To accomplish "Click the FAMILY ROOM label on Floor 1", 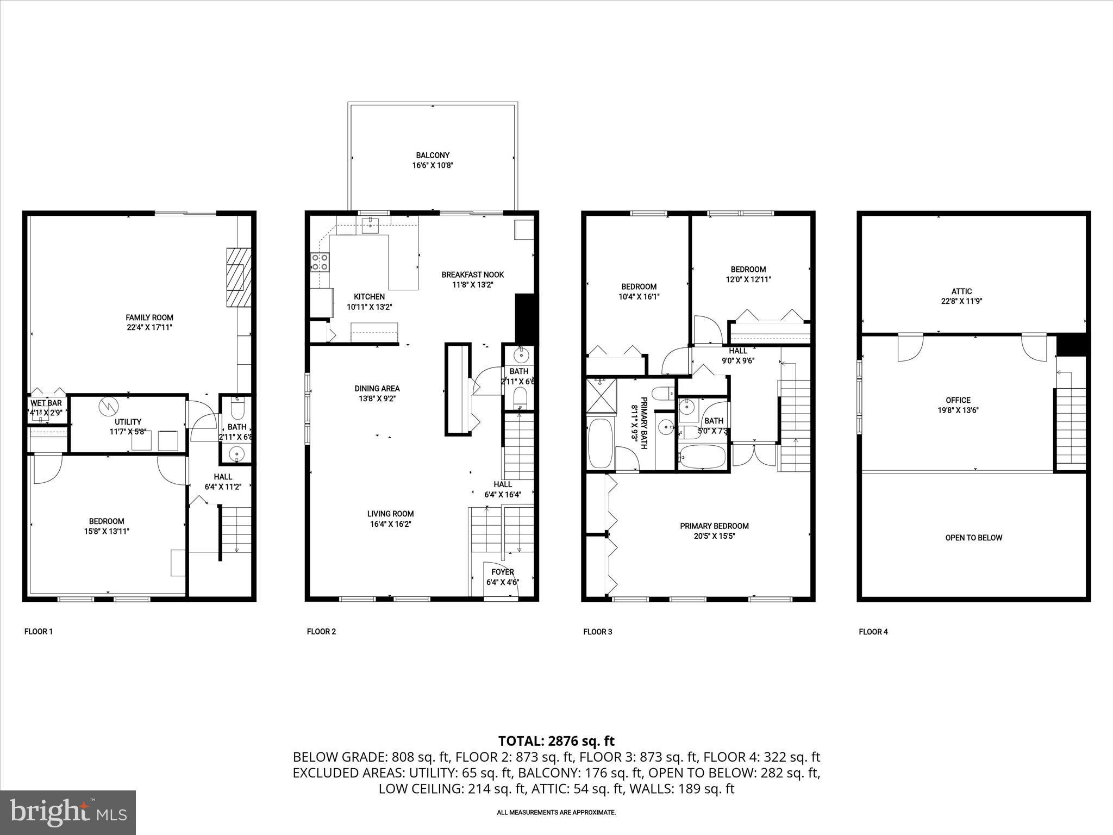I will (x=149, y=317).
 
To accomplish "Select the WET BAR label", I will (x=46, y=403).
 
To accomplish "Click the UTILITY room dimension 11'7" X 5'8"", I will (x=128, y=432).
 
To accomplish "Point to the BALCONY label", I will (x=433, y=155).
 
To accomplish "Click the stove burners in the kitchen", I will (x=320, y=262).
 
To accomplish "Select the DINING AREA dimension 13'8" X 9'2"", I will (x=377, y=398).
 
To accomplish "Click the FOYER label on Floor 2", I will (x=503, y=572).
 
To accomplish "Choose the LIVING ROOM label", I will (x=390, y=514).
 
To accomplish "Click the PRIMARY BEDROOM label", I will (x=714, y=526).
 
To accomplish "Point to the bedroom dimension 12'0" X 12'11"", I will (x=748, y=279).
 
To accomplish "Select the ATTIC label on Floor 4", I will (x=961, y=291).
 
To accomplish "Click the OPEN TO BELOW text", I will (x=973, y=538).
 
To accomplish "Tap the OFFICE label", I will (x=958, y=400).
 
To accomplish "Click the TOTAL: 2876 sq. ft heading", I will (x=556, y=740).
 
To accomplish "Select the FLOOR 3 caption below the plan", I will (x=597, y=632).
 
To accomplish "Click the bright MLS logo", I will (x=68, y=812).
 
